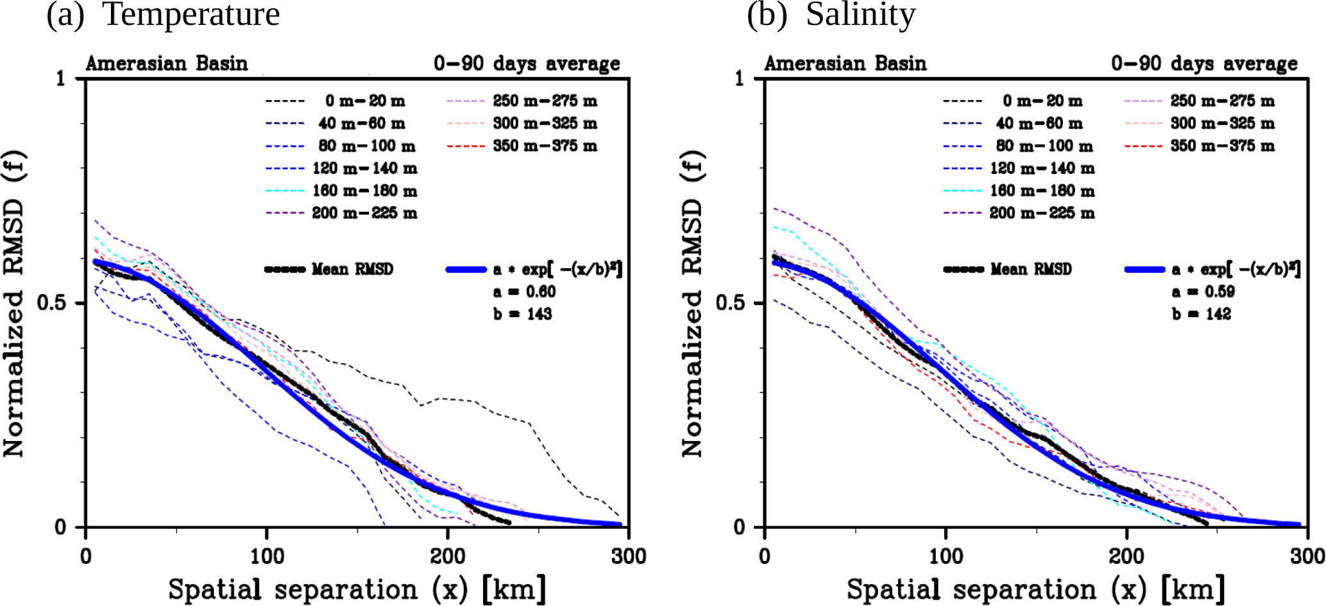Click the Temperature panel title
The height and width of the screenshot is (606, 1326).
(x=163, y=14)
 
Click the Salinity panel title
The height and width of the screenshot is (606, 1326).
(x=831, y=14)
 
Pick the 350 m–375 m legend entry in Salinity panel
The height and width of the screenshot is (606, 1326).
(x=1222, y=146)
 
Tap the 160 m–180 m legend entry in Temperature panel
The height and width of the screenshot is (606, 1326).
(x=364, y=191)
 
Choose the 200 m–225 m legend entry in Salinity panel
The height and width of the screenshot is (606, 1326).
(x=1042, y=213)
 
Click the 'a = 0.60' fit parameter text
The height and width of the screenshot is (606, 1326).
(x=524, y=291)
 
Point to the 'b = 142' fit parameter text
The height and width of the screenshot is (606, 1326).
(x=1202, y=314)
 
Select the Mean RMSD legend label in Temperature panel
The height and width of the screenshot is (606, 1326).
(x=352, y=269)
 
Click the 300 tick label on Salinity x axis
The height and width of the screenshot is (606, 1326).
(x=1307, y=556)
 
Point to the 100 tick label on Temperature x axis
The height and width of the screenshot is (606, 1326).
(x=267, y=556)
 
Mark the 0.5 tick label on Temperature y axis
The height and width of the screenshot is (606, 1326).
(x=51, y=302)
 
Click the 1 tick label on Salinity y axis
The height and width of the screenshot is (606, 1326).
(x=739, y=78)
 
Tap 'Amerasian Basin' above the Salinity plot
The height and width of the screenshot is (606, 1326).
(x=845, y=64)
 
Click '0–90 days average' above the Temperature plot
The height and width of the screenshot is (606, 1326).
(x=527, y=64)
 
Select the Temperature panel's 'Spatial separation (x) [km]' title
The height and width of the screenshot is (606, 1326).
(x=357, y=589)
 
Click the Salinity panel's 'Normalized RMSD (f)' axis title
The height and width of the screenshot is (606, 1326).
(x=693, y=303)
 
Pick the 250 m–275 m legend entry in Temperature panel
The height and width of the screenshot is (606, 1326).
(x=545, y=101)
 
